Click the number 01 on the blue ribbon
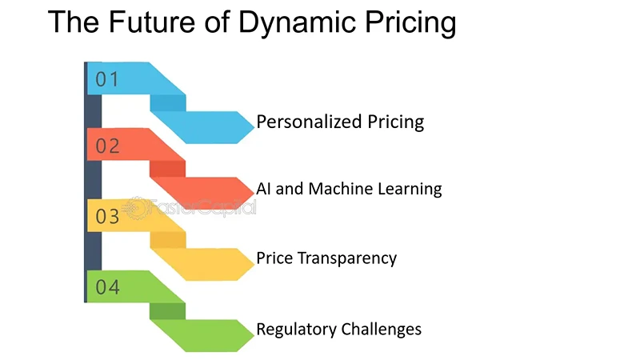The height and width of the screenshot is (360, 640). [x=107, y=79]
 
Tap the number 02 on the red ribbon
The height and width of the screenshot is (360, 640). [x=107, y=146]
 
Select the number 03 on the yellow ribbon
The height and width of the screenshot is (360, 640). [x=107, y=216]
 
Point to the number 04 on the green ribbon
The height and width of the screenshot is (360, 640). [x=107, y=286]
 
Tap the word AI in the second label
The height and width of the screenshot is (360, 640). [x=264, y=189]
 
